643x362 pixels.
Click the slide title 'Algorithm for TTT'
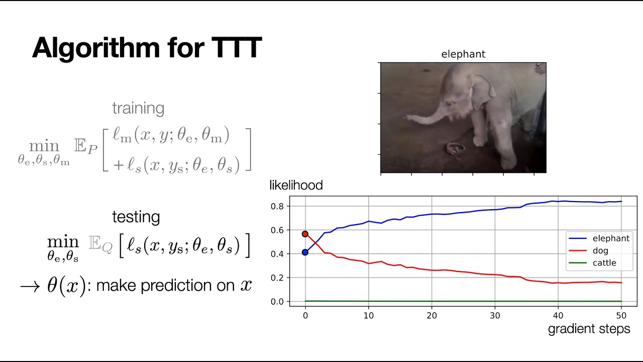[147, 48]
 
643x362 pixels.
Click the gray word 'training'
[138, 108]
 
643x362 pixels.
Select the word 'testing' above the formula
[136, 217]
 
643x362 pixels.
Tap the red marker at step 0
[305, 234]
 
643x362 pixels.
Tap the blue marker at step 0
[305, 252]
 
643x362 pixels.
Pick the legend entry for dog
[600, 250]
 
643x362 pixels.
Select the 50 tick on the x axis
[621, 315]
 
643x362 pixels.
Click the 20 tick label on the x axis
[432, 315]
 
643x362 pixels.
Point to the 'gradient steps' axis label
[589, 329]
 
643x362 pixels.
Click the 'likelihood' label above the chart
[296, 186]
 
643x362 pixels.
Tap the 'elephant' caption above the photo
[463, 54]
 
